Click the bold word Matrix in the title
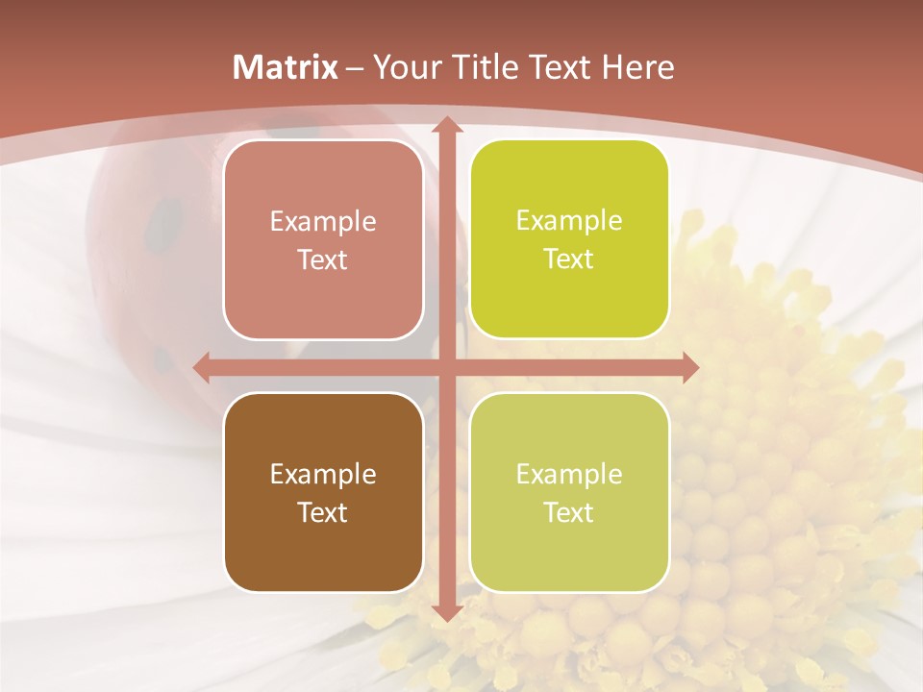pyautogui.click(x=286, y=67)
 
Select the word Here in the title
pyautogui.click(x=637, y=67)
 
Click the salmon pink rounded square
pyautogui.click(x=323, y=239)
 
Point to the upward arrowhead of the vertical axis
pyautogui.click(x=446, y=125)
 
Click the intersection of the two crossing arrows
pyautogui.click(x=446, y=366)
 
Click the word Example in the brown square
pyautogui.click(x=323, y=474)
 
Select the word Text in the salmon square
pyautogui.click(x=323, y=260)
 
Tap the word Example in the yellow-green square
pyautogui.click(x=569, y=220)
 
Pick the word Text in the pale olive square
pyautogui.click(x=569, y=512)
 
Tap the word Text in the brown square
pyautogui.click(x=323, y=512)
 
